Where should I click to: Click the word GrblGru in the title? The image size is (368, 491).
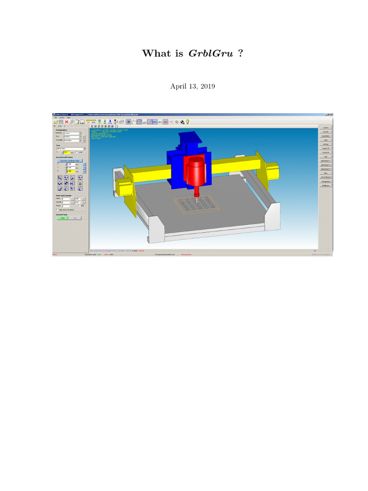pos(211,53)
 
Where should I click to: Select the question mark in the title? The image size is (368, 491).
pos(240,53)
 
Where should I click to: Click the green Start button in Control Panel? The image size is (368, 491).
pos(63,218)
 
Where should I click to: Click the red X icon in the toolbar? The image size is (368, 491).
pos(66,122)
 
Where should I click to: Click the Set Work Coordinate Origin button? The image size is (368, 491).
pos(71,161)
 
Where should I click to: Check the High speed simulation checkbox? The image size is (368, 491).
pos(57,210)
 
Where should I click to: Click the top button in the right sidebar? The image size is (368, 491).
pos(325,128)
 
